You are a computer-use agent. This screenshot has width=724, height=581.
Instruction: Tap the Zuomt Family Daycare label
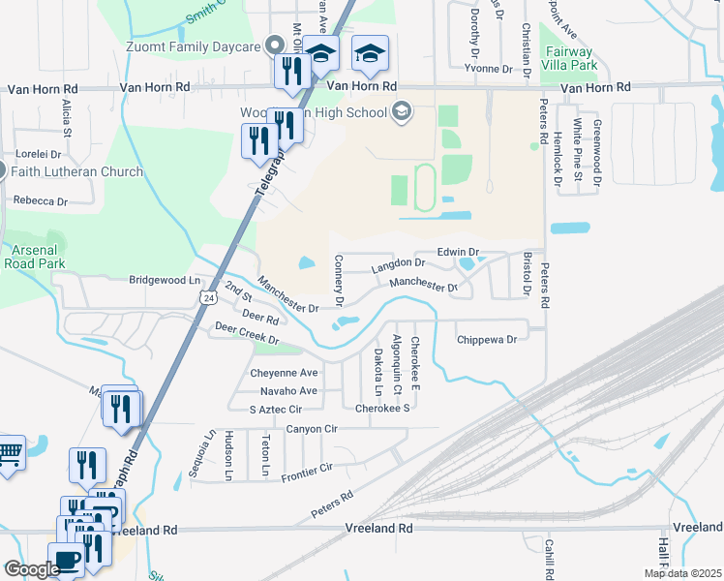pyautogui.click(x=194, y=46)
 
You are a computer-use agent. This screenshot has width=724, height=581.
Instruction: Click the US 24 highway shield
pyautogui.click(x=209, y=299)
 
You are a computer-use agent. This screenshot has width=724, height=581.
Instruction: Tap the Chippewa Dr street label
pyautogui.click(x=487, y=340)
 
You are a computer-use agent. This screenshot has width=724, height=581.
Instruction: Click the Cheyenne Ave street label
pyautogui.click(x=285, y=373)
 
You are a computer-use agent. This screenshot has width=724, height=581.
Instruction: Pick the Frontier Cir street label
pyautogui.click(x=307, y=473)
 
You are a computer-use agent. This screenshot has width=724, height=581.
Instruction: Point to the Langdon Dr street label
pyautogui.click(x=398, y=262)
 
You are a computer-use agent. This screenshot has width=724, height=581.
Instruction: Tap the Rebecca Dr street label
pyautogui.click(x=40, y=201)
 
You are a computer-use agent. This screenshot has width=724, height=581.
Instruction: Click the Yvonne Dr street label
pyautogui.click(x=487, y=69)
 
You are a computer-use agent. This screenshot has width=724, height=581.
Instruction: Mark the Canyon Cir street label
pyautogui.click(x=312, y=428)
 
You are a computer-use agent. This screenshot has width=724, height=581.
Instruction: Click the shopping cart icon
pyautogui.click(x=9, y=454)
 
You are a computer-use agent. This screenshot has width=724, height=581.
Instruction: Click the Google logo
pyautogui.click(x=31, y=569)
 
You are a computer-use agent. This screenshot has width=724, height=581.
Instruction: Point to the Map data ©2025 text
pyautogui.click(x=681, y=573)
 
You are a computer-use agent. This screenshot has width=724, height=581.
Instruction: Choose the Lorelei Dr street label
pyautogui.click(x=38, y=154)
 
